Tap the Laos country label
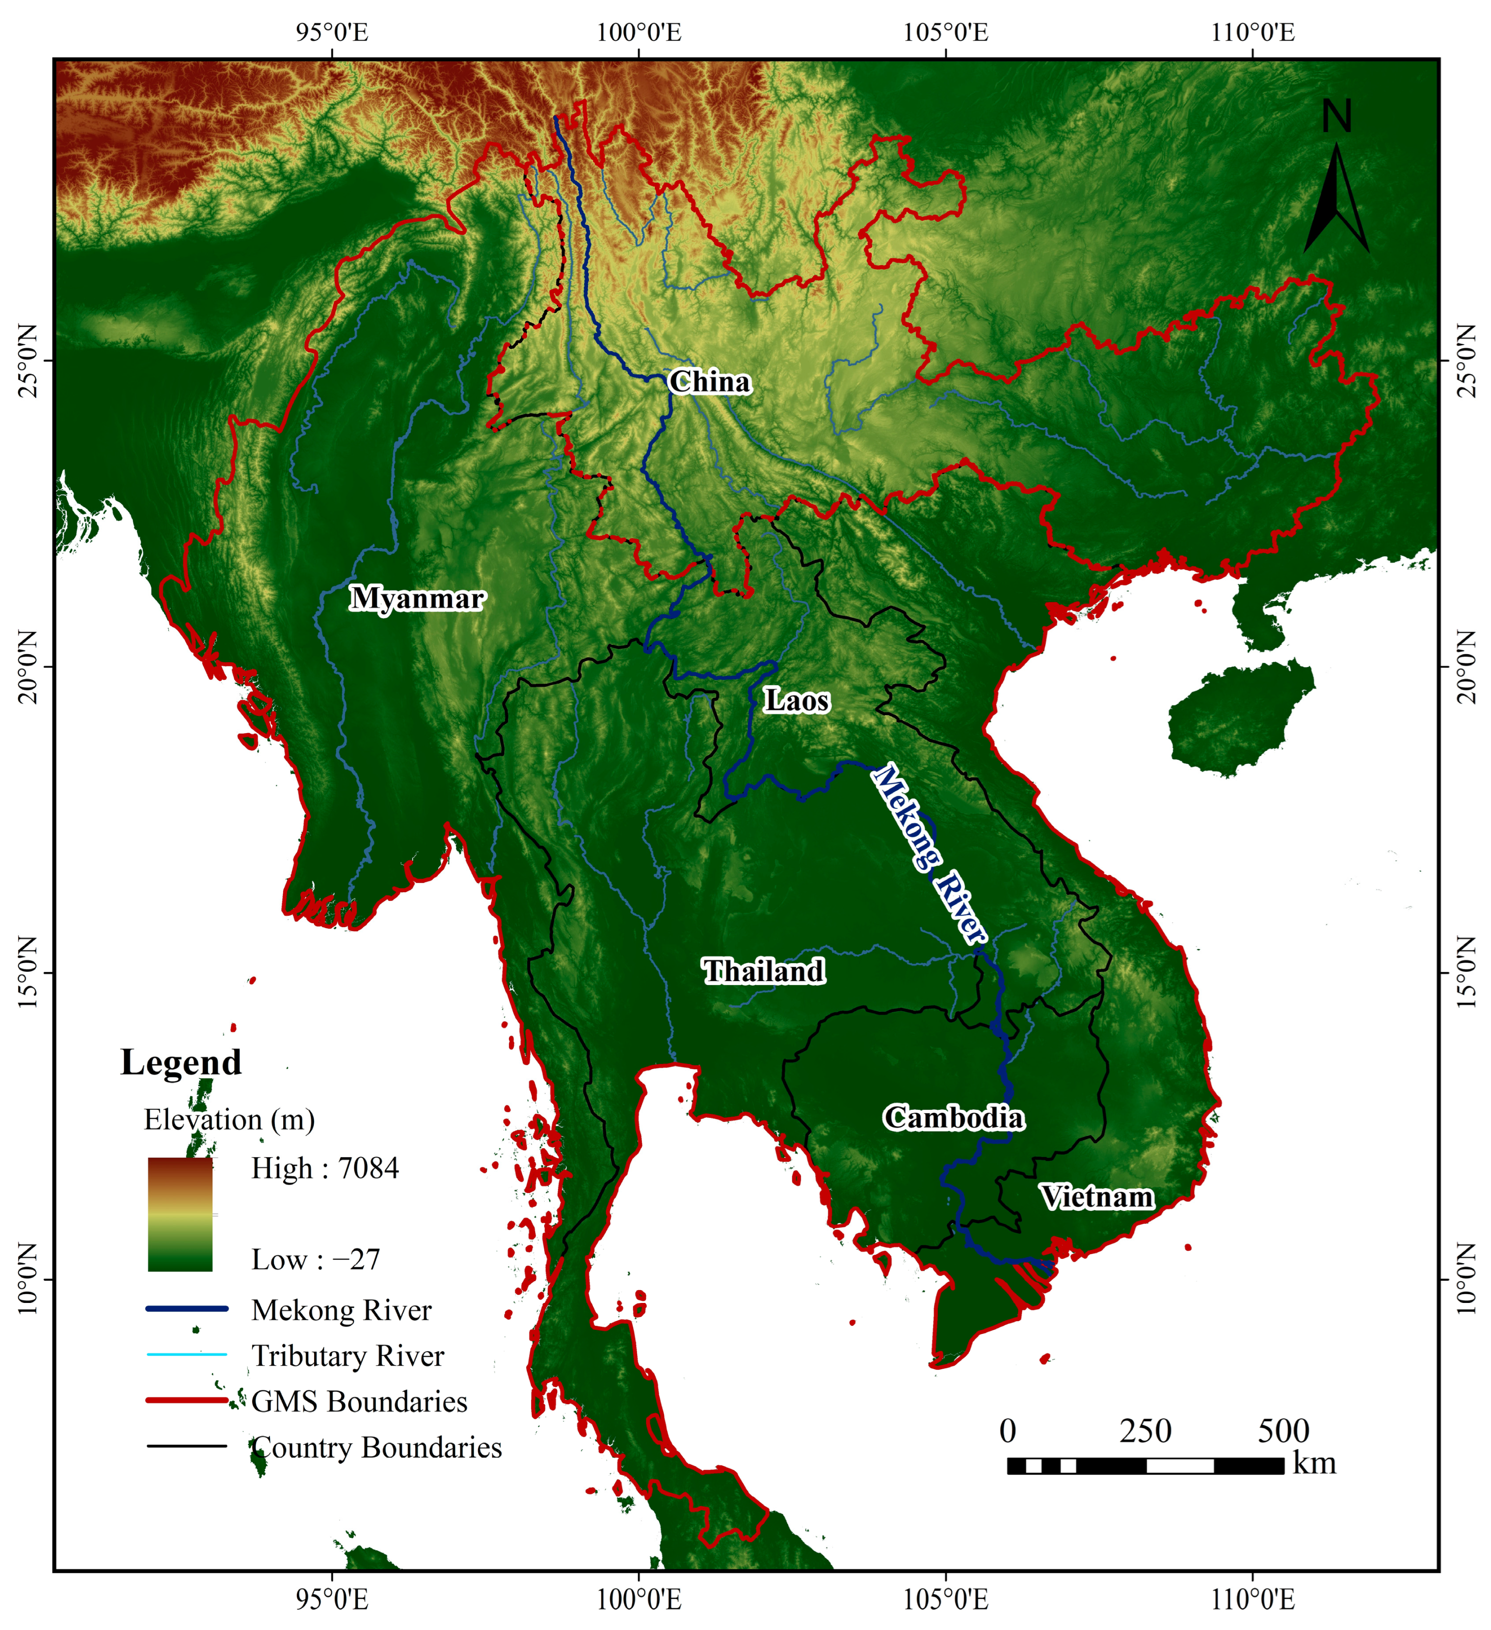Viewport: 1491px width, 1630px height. (x=797, y=701)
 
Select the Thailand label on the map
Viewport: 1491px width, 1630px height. (x=764, y=971)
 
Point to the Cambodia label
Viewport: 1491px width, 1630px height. (x=954, y=1118)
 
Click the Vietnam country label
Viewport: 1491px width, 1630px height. (x=1096, y=1197)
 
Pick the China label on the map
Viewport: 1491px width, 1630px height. (x=710, y=382)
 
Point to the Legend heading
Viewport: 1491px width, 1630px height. (x=181, y=1062)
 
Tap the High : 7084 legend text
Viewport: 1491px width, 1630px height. (x=325, y=1168)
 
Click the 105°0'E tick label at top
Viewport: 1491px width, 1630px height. (x=946, y=33)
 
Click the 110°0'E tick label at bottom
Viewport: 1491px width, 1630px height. (x=1252, y=1599)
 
